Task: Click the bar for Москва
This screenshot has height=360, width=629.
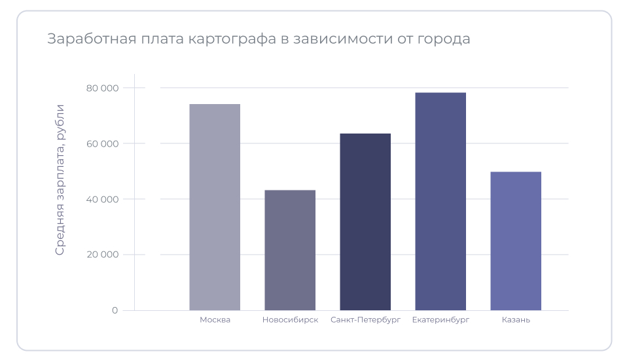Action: [215, 207]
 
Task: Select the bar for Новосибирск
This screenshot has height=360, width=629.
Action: [290, 250]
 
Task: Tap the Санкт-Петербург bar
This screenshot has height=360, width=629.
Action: [365, 222]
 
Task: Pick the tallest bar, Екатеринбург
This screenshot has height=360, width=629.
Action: [440, 201]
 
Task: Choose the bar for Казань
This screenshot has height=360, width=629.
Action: [516, 241]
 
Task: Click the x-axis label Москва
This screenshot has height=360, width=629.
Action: [215, 320]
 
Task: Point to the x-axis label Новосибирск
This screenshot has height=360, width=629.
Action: [290, 320]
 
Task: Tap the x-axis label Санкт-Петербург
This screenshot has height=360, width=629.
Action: [365, 320]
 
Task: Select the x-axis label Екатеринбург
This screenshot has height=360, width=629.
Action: [440, 320]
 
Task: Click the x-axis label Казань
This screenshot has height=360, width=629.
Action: [516, 320]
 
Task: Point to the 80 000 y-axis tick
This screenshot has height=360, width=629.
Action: [102, 88]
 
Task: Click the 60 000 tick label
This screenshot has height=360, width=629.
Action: [102, 143]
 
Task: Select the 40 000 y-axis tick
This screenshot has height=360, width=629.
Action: [102, 199]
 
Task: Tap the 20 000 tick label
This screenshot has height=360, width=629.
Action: [102, 255]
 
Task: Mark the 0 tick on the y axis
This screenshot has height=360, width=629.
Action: [115, 310]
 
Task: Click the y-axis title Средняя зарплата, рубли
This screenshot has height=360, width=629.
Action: [60, 179]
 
